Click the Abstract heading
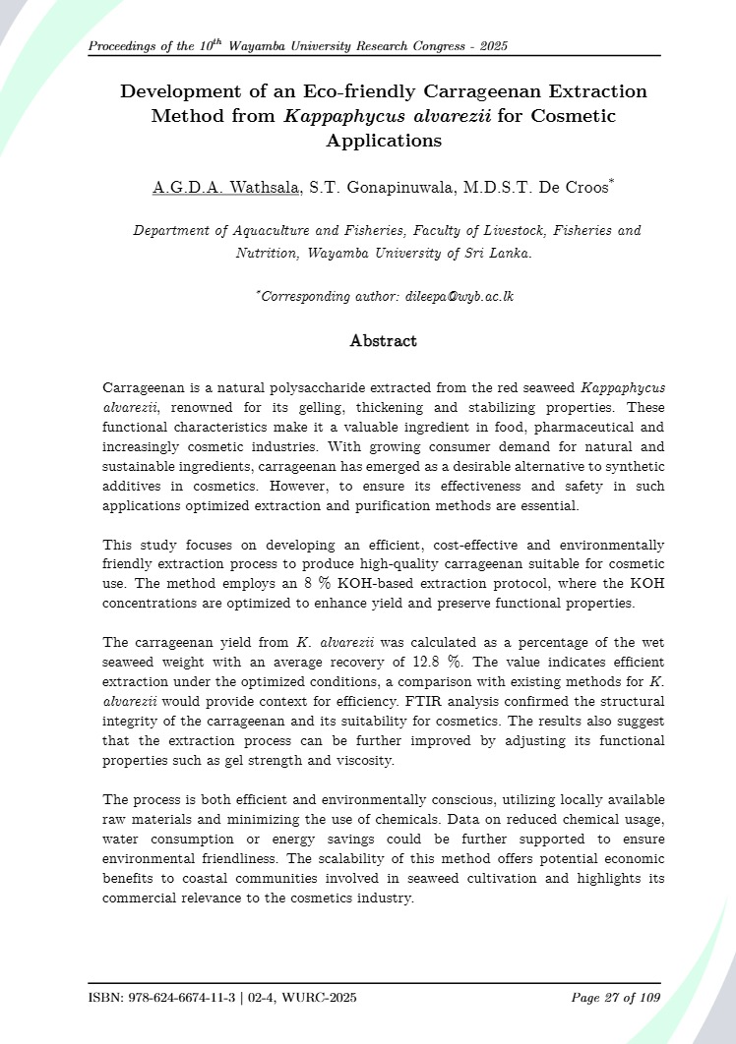coord(383,341)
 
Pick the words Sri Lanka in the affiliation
coord(499,253)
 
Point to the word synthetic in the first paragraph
coord(630,467)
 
